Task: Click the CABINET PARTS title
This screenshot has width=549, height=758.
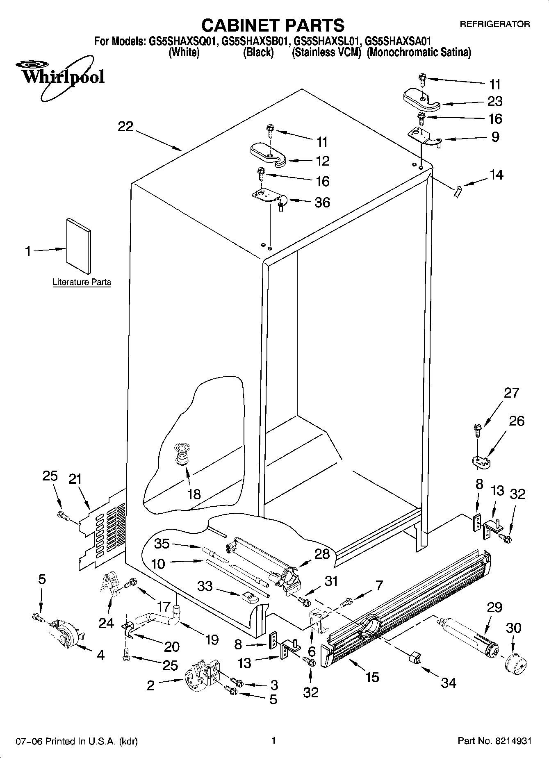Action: (x=273, y=25)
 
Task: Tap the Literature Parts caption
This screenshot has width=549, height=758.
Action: (x=82, y=282)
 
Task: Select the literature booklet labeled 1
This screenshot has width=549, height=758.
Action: (x=78, y=245)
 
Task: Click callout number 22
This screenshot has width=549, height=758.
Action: (x=125, y=127)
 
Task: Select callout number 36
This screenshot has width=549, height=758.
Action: (x=322, y=202)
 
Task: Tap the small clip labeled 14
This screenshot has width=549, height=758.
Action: (x=457, y=191)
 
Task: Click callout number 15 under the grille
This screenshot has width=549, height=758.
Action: (x=372, y=677)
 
